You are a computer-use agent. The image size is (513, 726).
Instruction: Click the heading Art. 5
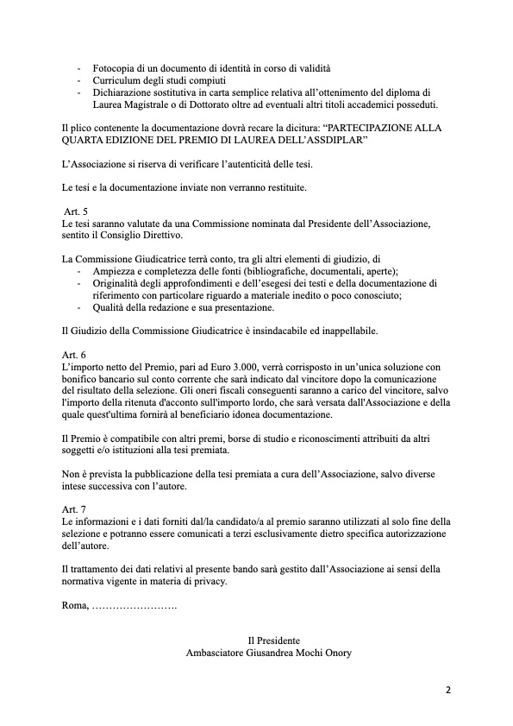tap(76, 211)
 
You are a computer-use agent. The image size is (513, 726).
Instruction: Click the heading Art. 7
tap(74, 508)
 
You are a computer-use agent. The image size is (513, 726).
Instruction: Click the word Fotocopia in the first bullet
tap(115, 68)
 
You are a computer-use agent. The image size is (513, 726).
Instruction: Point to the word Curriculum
tap(117, 80)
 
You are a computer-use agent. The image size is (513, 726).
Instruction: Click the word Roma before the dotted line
tap(75, 606)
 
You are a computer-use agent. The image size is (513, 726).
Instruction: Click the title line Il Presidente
tap(273, 641)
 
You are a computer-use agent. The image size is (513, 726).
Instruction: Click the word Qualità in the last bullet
tap(110, 306)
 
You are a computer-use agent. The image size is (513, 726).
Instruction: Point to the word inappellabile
tap(343, 331)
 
